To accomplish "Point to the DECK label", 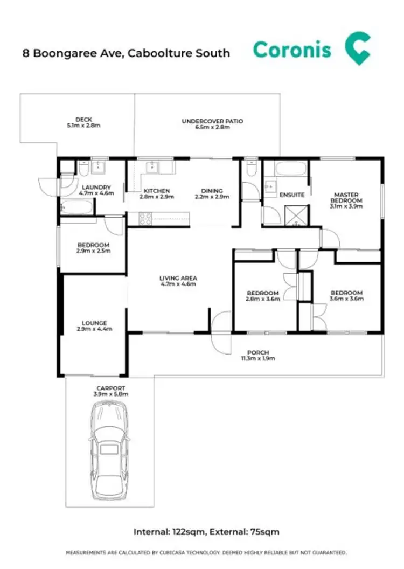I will pos(83,120).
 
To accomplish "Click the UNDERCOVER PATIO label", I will pos(212,121).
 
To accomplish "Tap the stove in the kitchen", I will pos(146,218).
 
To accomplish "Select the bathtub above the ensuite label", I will pos(290,169).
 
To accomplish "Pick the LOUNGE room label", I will pos(94,323).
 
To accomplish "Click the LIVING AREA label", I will pos(178,278).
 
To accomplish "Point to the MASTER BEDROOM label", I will pos(346,197).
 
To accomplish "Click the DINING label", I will pos(212,191).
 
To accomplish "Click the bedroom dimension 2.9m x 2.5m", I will pos(94,251).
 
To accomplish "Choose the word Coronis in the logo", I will pos(292,50).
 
